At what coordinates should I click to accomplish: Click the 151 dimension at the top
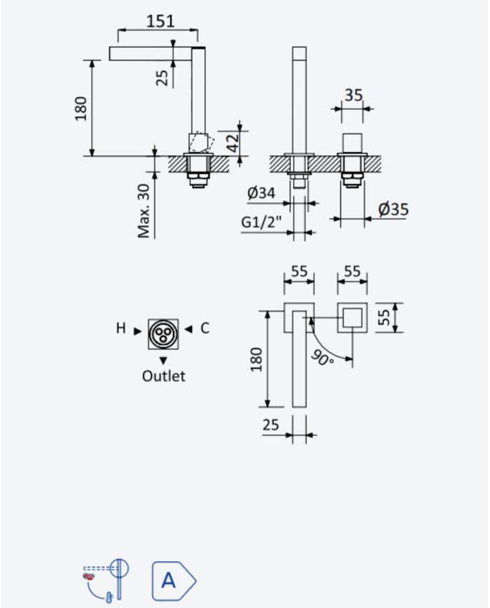(160, 21)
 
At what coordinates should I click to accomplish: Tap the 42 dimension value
(233, 143)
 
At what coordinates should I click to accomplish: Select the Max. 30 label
(143, 211)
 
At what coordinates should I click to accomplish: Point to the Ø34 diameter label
(261, 192)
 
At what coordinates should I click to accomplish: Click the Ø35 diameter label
(393, 209)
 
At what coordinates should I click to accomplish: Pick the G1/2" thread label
(261, 222)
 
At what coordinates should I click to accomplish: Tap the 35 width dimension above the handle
(353, 95)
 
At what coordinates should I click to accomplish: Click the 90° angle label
(321, 358)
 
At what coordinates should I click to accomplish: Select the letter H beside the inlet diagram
(120, 328)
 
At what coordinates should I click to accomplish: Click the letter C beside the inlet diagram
(205, 328)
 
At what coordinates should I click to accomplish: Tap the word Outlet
(163, 376)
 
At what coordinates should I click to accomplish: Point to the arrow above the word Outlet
(163, 360)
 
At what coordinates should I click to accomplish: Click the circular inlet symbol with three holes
(163, 334)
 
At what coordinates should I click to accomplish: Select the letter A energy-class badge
(174, 581)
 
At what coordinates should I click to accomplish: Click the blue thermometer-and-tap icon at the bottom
(106, 581)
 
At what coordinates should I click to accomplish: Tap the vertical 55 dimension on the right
(384, 318)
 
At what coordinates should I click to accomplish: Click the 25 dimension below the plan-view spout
(270, 425)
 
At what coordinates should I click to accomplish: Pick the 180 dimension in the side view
(80, 108)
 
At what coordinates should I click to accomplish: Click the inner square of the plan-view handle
(352, 318)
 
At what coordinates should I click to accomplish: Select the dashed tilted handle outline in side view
(202, 142)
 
